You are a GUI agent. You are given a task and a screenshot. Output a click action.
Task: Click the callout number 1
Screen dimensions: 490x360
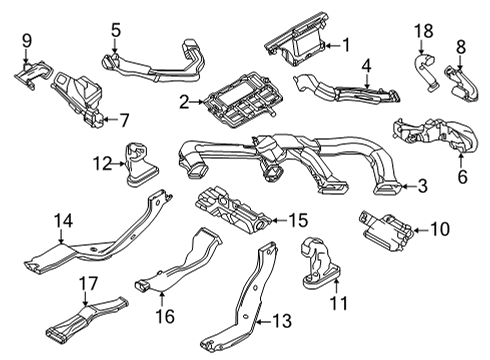(x=346, y=45)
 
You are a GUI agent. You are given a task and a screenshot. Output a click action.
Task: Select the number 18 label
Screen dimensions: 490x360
(x=424, y=31)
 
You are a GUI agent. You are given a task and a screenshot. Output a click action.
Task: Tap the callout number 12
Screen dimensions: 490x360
(x=103, y=163)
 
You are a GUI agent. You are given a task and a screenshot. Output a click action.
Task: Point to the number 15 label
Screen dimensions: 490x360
(x=298, y=220)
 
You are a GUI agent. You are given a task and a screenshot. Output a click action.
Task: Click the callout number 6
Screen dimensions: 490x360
(x=462, y=176)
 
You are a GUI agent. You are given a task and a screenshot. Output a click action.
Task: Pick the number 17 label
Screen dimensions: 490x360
(x=88, y=283)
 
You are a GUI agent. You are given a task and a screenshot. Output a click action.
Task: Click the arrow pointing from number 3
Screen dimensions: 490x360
(x=406, y=186)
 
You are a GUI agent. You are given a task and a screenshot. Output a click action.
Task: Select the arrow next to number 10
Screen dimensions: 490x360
(x=421, y=230)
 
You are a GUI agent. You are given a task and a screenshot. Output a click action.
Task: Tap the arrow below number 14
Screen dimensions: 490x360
(x=61, y=237)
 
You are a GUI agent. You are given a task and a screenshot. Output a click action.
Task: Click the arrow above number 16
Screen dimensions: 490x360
(x=162, y=299)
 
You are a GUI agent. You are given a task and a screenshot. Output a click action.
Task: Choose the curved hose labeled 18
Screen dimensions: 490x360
(x=424, y=72)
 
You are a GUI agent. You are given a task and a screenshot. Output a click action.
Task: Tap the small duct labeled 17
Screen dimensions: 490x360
(x=87, y=316)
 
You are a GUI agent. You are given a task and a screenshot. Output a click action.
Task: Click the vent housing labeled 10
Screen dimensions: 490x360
(x=386, y=229)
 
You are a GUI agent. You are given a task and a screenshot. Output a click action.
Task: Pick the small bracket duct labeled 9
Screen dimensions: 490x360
(x=34, y=74)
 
